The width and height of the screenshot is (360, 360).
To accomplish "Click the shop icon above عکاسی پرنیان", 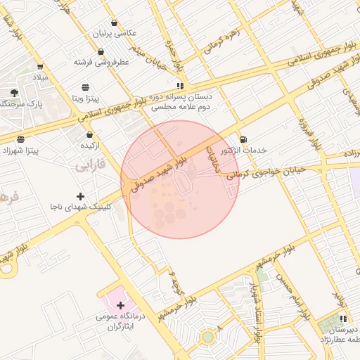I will coord(114,22).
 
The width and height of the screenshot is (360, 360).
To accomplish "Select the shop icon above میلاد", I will coord(39,67).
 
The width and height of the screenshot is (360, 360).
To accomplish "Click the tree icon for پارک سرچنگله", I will coord(14,93).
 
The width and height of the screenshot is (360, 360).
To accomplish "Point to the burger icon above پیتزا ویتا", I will coord(86,87).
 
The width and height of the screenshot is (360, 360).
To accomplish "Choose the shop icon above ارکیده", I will coord(89,134).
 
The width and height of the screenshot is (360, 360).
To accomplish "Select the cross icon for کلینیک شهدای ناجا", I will coord(80,196).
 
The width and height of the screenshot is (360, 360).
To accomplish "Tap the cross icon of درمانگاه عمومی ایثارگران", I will coord(120,305).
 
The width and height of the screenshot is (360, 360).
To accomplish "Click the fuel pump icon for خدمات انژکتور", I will coord(243,139).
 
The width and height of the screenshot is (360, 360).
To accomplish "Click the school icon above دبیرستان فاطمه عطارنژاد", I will coord(343,319).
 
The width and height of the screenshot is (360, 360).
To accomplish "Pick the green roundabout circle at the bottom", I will coord(207,337).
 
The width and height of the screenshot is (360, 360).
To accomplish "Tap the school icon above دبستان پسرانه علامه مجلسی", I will coord(181,86).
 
